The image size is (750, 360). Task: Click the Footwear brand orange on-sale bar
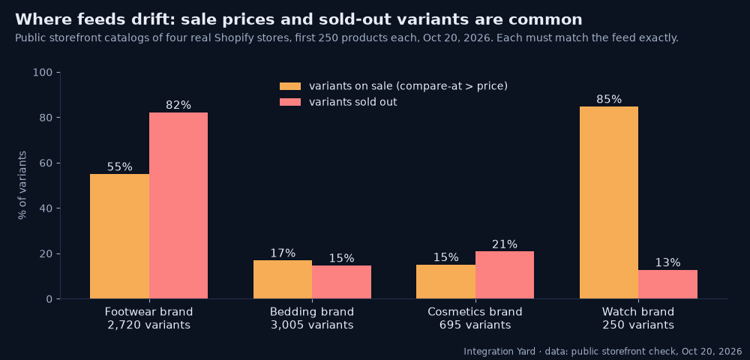click(x=119, y=236)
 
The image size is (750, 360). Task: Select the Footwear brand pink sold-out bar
click(x=178, y=205)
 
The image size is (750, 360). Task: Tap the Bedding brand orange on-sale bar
click(x=283, y=279)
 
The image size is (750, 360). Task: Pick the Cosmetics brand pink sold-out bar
click(x=505, y=275)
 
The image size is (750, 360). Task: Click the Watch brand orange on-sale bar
click(x=609, y=202)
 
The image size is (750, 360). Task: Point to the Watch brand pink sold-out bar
click(x=667, y=284)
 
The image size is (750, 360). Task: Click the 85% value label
click(x=609, y=100)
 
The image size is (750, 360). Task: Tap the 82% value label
click(x=178, y=105)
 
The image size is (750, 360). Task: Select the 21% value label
click(x=505, y=244)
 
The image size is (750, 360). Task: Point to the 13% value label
click(x=667, y=262)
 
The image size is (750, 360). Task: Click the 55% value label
click(x=119, y=166)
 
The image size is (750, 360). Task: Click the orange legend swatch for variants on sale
click(x=290, y=86)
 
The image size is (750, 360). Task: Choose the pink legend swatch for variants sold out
click(x=290, y=102)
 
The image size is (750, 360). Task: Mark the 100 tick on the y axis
click(x=43, y=73)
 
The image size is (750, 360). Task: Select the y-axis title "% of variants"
click(x=22, y=185)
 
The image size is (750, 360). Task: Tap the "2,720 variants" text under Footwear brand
click(x=148, y=325)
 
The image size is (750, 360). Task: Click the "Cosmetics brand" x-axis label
click(x=475, y=312)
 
